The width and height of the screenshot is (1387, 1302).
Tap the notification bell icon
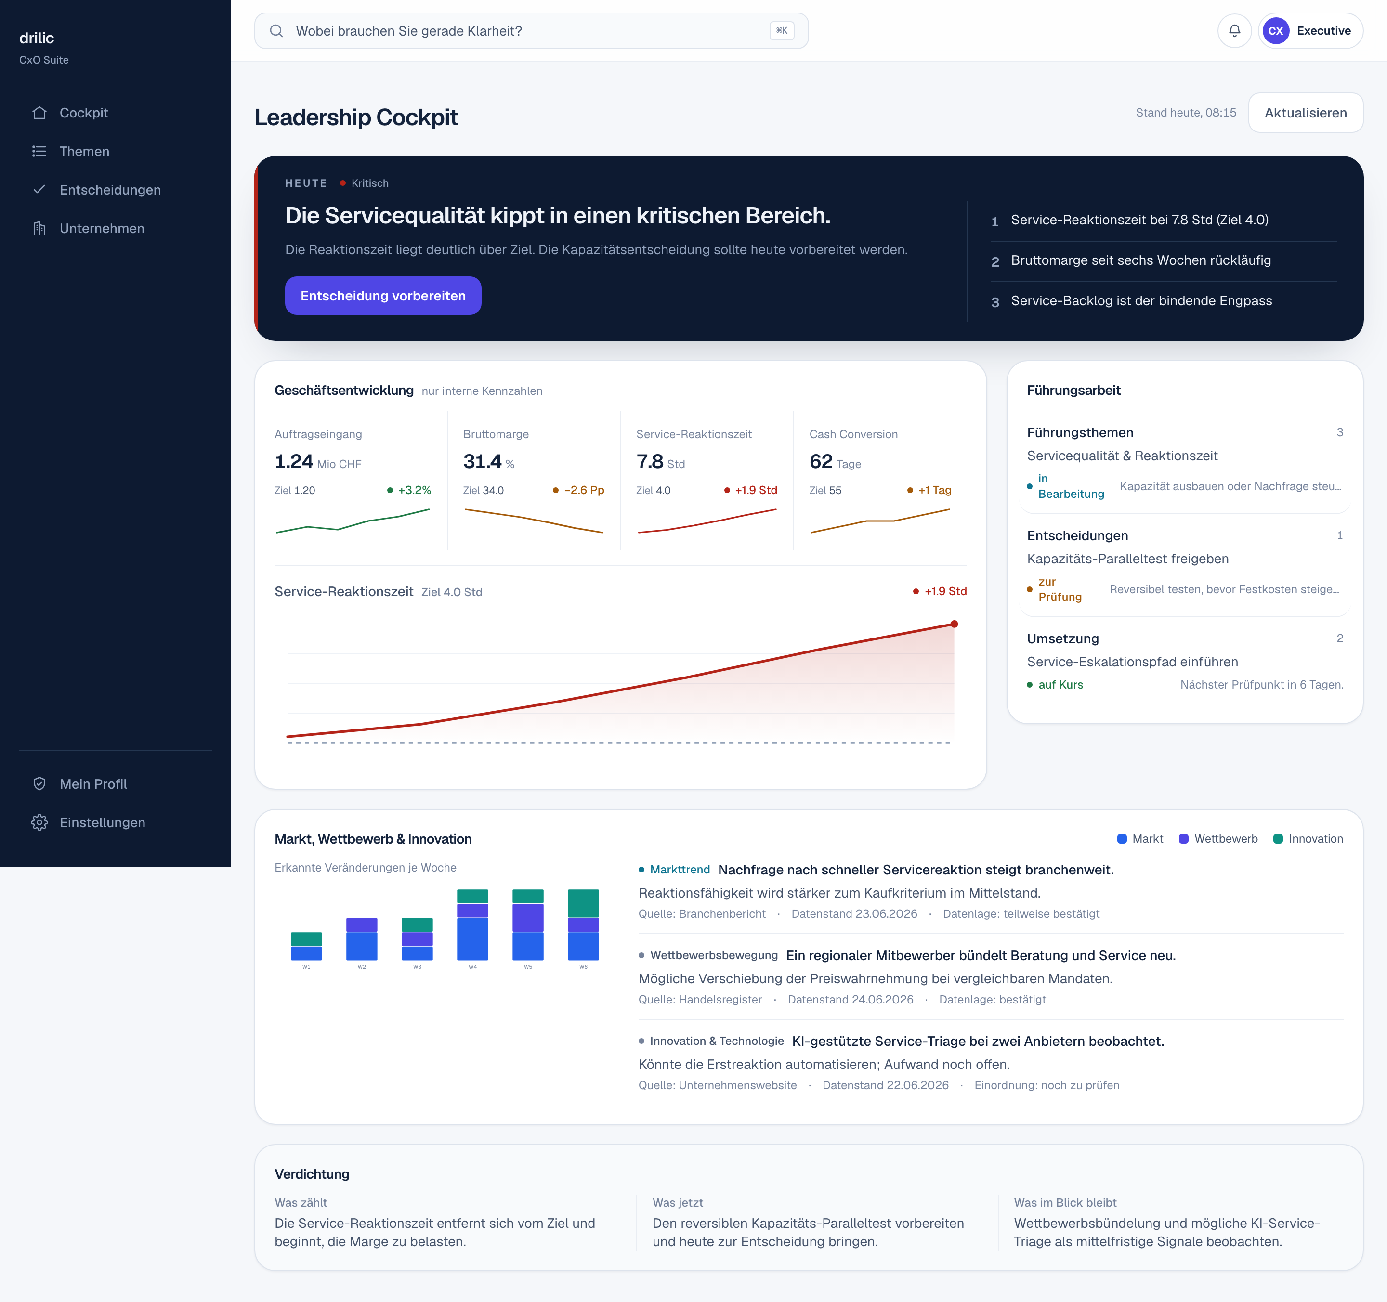pos(1234,31)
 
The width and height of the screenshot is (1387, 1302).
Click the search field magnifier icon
pos(276,31)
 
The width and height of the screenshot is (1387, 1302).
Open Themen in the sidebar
pos(84,151)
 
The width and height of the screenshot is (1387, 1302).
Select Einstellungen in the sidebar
pos(102,822)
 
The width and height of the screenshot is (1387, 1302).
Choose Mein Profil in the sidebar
pos(93,784)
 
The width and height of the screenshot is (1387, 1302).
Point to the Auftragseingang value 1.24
pos(294,462)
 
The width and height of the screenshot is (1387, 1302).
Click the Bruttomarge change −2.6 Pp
pos(584,490)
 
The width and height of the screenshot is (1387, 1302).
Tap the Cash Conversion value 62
pos(821,462)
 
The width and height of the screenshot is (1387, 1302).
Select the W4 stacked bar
pos(472,924)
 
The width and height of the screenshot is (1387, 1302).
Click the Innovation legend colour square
pos(1278,839)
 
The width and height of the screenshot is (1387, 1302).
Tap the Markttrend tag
pos(680,870)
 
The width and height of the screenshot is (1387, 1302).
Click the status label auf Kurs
pos(1060,685)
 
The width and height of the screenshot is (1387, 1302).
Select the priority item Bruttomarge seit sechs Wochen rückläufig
pos(1141,260)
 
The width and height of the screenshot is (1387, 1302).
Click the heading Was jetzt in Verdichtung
pos(678,1202)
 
